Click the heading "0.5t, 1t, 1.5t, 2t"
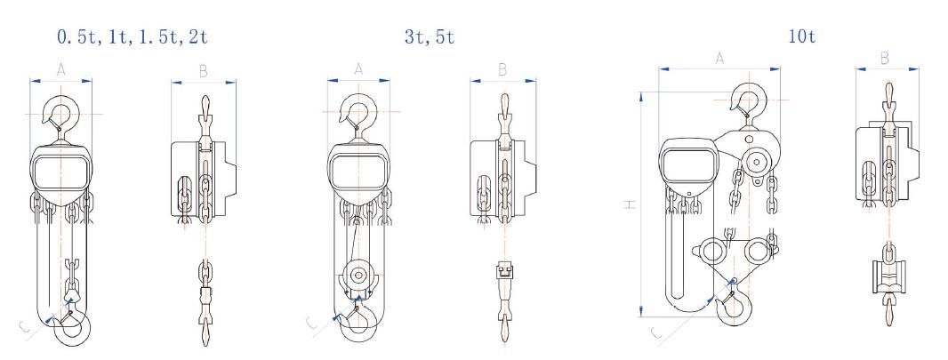(x=133, y=36)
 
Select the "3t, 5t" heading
(x=430, y=36)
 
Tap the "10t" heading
(x=801, y=36)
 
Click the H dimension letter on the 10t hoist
(x=631, y=204)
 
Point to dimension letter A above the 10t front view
(x=719, y=59)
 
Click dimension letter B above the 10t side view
(x=885, y=59)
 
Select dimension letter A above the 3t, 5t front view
(x=358, y=69)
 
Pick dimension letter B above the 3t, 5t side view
(x=502, y=70)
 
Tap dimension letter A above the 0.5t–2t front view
(x=61, y=70)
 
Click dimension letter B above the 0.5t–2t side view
(x=203, y=72)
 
